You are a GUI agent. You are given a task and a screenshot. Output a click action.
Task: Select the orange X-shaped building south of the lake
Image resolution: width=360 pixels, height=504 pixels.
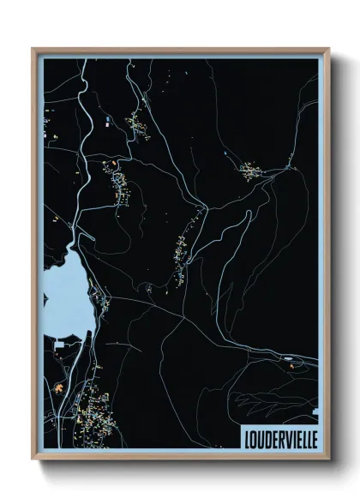coord(59,389)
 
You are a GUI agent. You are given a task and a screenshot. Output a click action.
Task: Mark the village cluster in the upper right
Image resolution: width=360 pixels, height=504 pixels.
coord(254,171)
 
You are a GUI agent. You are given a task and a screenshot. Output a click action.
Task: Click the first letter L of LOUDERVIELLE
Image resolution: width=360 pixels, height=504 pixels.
coord(246,437)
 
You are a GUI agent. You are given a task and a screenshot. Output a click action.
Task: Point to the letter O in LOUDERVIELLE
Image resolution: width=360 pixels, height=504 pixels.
coord(253,437)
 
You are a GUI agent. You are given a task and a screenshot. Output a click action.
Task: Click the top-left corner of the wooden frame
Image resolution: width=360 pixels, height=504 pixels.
coord(33,49)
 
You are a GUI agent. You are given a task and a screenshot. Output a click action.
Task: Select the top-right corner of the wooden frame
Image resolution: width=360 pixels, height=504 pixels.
coord(328,49)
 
